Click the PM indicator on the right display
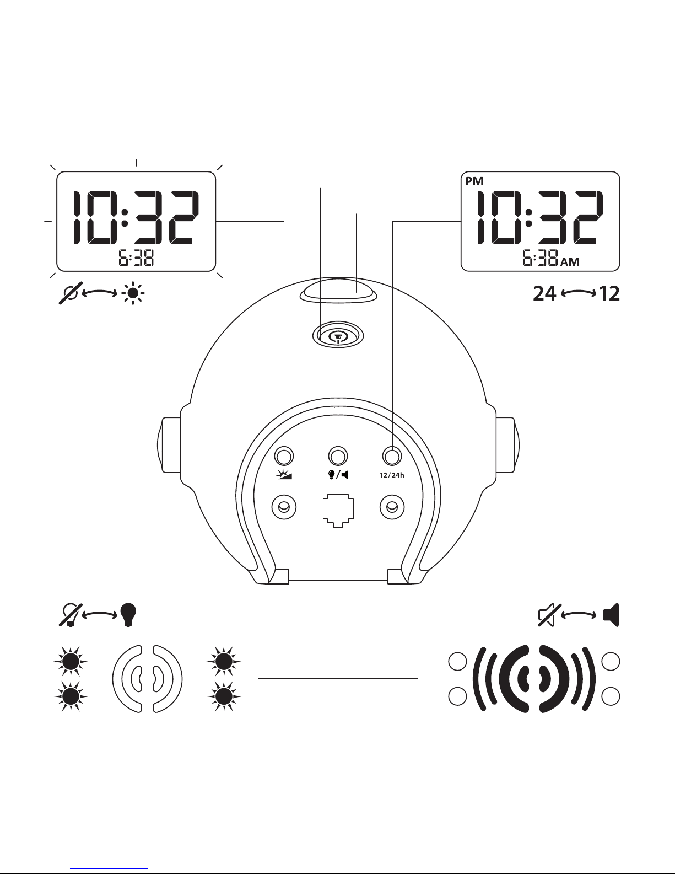[x=474, y=181]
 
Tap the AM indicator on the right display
[x=570, y=262]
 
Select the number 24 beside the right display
[x=544, y=293]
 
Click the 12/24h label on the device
[x=392, y=475]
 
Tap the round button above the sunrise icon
[x=284, y=456]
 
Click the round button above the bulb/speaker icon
[x=338, y=456]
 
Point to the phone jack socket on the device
[x=338, y=509]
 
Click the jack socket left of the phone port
[x=284, y=507]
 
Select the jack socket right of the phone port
[x=392, y=507]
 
